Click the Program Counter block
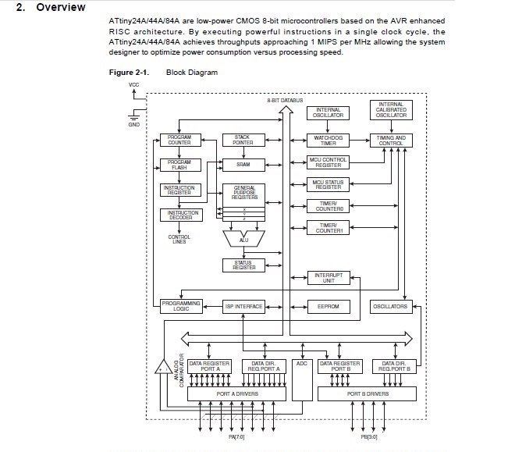pyautogui.click(x=179, y=140)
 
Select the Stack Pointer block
pyautogui.click(x=243, y=140)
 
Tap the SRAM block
pyautogui.click(x=243, y=165)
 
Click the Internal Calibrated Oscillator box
pyautogui.click(x=391, y=110)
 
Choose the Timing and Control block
pyautogui.click(x=391, y=140)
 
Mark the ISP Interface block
pyautogui.click(x=243, y=307)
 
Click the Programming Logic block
pyautogui.click(x=181, y=306)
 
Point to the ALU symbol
pyautogui.click(x=243, y=238)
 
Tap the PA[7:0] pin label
pyautogui.click(x=236, y=436)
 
